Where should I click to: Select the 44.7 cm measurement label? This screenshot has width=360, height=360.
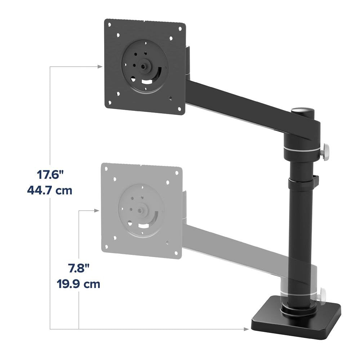click(50, 190)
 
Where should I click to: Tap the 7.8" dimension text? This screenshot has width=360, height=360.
click(79, 269)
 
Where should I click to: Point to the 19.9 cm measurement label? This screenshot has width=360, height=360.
click(79, 284)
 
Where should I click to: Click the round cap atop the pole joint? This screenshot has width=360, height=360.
click(303, 110)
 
